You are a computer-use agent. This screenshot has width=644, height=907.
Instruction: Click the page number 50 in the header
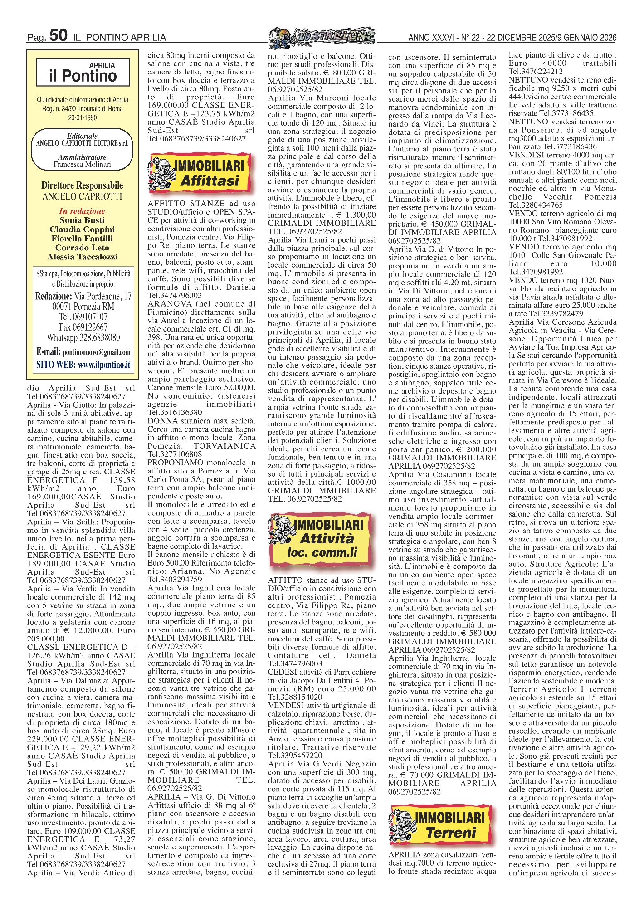click(x=58, y=35)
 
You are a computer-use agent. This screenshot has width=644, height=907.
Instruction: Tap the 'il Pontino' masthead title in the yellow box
click(x=83, y=75)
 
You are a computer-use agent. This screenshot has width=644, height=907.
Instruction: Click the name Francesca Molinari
click(x=82, y=165)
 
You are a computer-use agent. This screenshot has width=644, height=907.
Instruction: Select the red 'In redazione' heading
click(x=82, y=211)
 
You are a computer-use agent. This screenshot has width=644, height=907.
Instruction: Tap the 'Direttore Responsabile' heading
click(x=82, y=185)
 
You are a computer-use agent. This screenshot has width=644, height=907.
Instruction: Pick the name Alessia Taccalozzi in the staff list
click(x=82, y=257)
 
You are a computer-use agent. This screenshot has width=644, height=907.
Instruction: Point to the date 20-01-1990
click(x=82, y=117)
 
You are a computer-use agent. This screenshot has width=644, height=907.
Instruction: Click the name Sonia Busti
click(x=82, y=220)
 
